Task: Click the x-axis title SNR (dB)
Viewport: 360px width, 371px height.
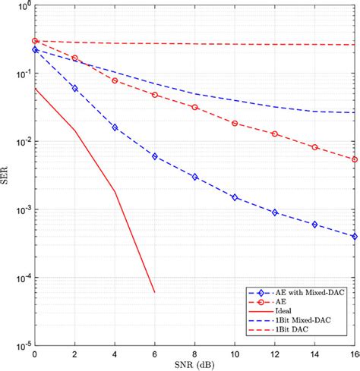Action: click(x=194, y=364)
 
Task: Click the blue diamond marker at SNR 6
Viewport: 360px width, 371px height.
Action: click(x=155, y=156)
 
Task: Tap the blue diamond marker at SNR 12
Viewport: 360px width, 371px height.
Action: click(x=275, y=212)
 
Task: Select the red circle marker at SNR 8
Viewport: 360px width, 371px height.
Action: click(x=195, y=107)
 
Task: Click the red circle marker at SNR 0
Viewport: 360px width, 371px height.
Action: click(x=35, y=41)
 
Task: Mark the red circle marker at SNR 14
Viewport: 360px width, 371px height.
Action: click(x=314, y=147)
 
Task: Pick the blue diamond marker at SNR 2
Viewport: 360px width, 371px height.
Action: click(x=74, y=88)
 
